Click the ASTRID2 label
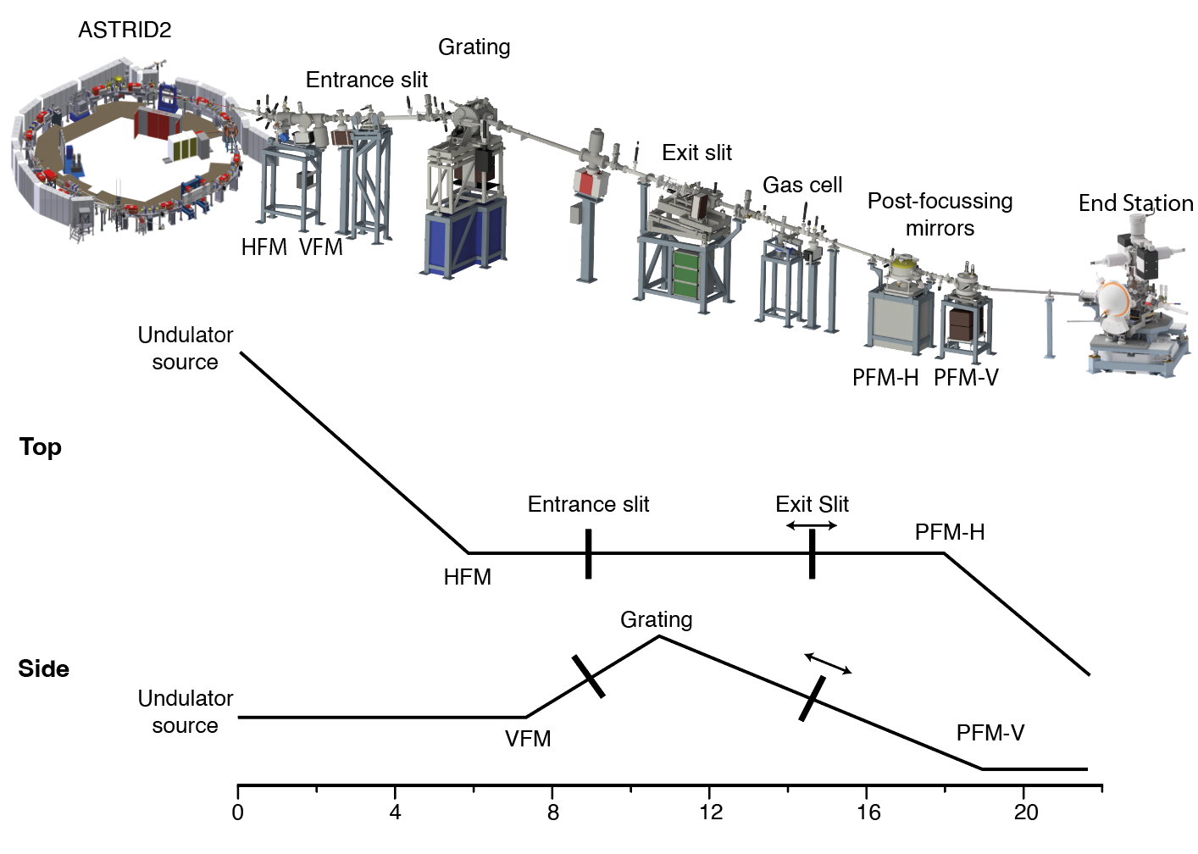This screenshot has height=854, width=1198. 125,30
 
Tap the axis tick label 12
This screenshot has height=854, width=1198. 711,812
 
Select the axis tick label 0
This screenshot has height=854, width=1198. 238,812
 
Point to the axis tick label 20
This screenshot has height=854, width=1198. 1025,812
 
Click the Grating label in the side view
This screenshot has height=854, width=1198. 657,619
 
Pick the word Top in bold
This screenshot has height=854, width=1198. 40,446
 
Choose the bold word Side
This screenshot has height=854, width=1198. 43,668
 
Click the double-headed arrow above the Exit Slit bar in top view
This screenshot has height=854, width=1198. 811,526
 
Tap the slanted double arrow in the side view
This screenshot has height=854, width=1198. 828,663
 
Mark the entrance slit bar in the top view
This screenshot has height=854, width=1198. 588,553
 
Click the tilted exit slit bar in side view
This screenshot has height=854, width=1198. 812,698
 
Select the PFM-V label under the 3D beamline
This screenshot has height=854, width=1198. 966,378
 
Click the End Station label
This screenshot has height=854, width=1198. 1135,203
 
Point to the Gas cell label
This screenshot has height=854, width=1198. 802,185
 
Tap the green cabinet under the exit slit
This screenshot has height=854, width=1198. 686,271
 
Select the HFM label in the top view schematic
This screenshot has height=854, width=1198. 467,577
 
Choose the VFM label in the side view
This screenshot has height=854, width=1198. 528,739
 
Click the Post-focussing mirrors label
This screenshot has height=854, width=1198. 940,214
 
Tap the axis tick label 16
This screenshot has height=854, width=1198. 868,812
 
